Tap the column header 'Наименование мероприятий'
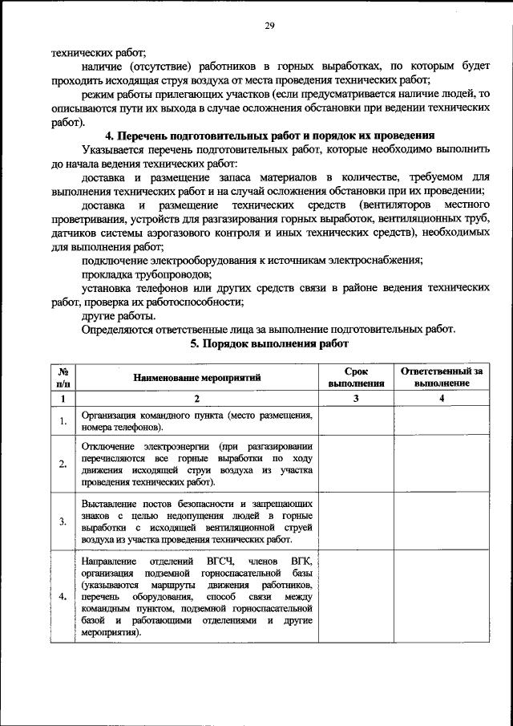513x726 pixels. (197, 377)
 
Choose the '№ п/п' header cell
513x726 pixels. (63, 377)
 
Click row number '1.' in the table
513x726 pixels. (63, 422)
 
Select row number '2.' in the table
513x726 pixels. (63, 464)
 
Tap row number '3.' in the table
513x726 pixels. (63, 521)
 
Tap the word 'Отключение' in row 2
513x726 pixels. (108, 445)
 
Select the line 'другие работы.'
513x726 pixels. (114, 315)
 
